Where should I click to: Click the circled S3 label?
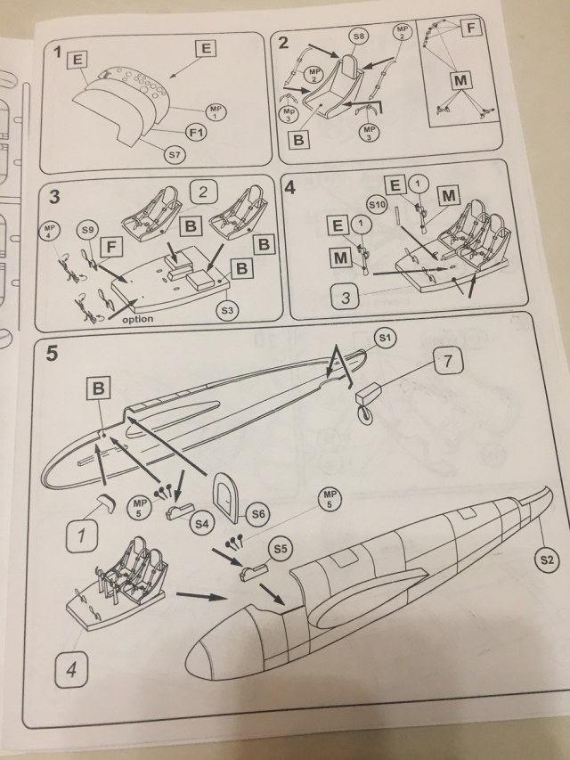229,311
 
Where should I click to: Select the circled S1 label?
385,339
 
